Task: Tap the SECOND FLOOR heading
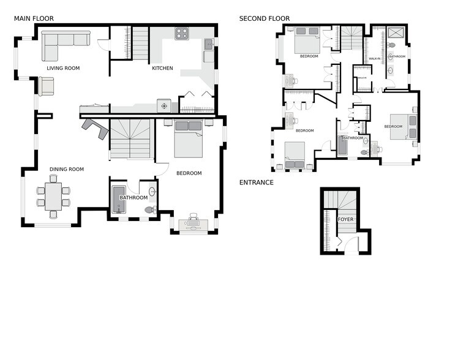pyautogui.click(x=264, y=18)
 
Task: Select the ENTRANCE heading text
pyautogui.click(x=256, y=182)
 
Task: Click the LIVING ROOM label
pyautogui.click(x=63, y=68)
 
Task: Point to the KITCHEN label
pyautogui.click(x=162, y=68)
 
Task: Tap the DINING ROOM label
pyautogui.click(x=67, y=169)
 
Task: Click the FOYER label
pyautogui.click(x=346, y=219)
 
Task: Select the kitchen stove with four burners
pyautogui.click(x=182, y=34)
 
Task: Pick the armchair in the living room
pyautogui.click(x=46, y=86)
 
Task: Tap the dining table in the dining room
pyautogui.click(x=53, y=197)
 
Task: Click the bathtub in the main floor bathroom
pyautogui.click(x=118, y=201)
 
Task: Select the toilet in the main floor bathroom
pyautogui.click(x=149, y=210)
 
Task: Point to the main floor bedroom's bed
pyautogui.click(x=187, y=139)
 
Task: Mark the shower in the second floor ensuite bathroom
pyautogui.click(x=396, y=34)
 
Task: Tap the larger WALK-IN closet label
pyautogui.click(x=374, y=59)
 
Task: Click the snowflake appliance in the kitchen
pyautogui.click(x=163, y=106)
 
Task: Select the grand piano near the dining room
pyautogui.click(x=93, y=127)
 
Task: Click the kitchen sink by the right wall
pyautogui.click(x=209, y=43)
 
